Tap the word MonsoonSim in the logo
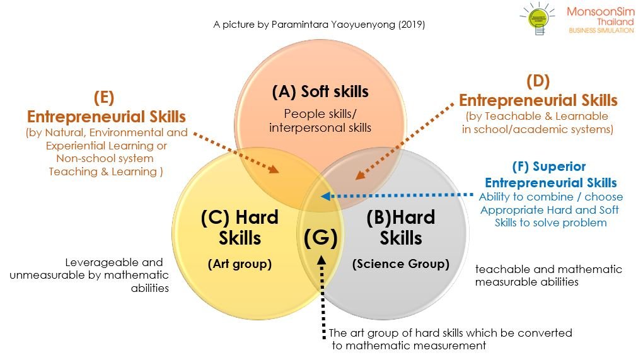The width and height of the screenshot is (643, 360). pos(600,11)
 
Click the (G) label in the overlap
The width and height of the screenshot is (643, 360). pos(321,238)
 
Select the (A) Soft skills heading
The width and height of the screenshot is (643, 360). pos(320,91)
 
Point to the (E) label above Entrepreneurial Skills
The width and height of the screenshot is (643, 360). pos(104,98)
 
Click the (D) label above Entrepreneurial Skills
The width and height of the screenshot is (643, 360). pos(538,81)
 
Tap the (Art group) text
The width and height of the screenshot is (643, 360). pos(240,264)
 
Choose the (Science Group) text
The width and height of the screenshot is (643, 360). pos(401,264)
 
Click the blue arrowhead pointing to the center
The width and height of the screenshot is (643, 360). pos(326,196)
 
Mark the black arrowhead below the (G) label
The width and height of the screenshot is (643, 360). pos(322,260)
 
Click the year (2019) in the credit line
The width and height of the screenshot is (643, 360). pos(412,25)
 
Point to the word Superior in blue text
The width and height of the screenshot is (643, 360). pos(559,166)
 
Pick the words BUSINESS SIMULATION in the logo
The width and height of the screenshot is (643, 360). pos(601,30)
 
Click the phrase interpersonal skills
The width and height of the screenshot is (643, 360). pos(320,127)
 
